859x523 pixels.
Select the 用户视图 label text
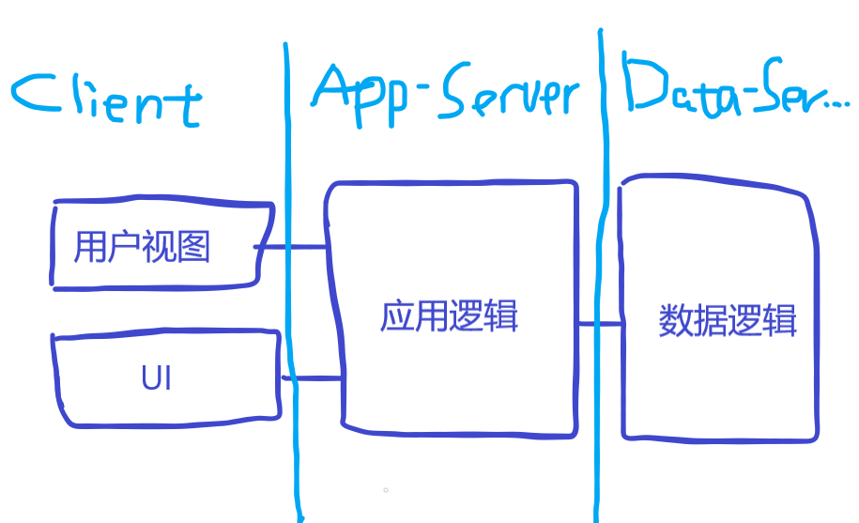[143, 247]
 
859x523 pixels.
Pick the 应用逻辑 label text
[450, 316]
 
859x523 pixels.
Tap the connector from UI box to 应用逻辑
[313, 378]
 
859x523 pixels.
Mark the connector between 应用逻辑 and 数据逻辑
[601, 324]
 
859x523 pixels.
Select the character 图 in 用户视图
[192, 247]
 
